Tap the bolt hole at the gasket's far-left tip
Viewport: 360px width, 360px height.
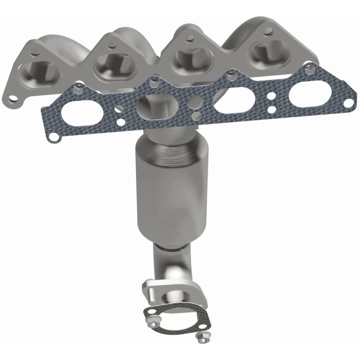(53, 136)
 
